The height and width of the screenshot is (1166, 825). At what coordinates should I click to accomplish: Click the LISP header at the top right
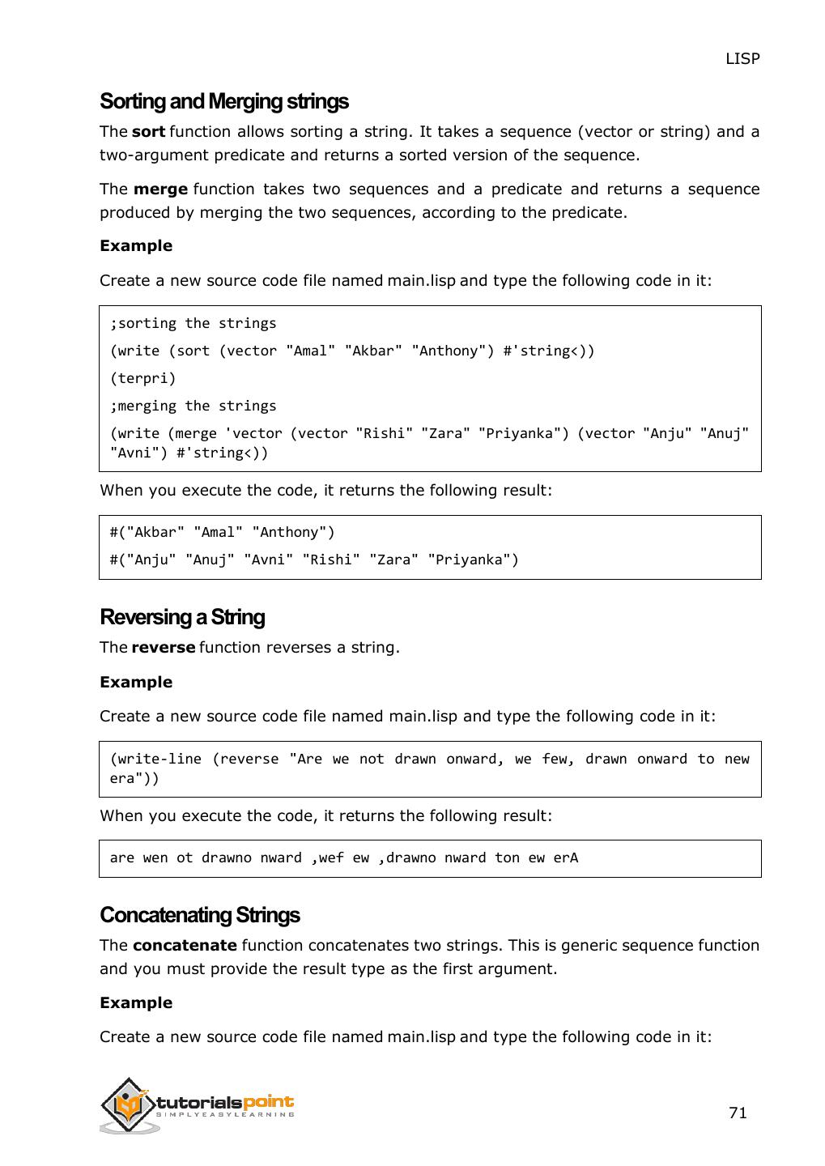coord(742,58)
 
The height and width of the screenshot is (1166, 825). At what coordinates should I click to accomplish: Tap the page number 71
coord(738,1113)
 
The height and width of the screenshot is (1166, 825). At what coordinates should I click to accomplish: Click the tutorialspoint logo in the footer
coord(197,1106)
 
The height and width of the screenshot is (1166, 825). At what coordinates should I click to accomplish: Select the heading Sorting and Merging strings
coord(223,101)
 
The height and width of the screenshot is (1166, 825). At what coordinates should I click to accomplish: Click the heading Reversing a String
coord(182,617)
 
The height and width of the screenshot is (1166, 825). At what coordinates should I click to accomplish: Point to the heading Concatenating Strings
coord(199,915)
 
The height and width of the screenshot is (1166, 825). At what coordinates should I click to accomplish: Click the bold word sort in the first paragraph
coord(148,131)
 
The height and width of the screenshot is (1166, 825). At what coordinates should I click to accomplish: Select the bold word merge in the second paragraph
coord(160,189)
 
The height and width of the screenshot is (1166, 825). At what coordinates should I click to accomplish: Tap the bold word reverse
coord(163,647)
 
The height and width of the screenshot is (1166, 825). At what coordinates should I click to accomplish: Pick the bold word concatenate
coord(185,945)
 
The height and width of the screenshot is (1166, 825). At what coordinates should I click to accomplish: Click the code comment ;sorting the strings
coord(193,323)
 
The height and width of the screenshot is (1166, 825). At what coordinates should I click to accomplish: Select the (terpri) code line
coord(142,378)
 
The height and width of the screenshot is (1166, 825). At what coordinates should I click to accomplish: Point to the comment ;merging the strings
coord(193,406)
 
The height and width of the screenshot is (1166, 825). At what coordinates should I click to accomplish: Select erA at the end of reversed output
coord(565,857)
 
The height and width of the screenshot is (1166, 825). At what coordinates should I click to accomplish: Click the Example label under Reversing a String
coord(136,682)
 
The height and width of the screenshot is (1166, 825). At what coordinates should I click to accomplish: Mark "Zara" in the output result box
coord(393,560)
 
